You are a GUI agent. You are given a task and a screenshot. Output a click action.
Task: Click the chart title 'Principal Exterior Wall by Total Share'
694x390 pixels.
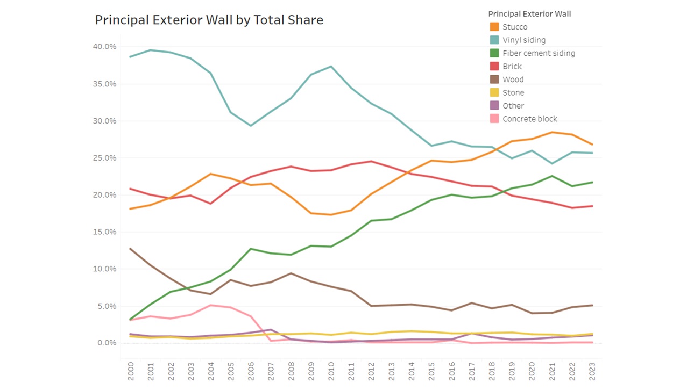tap(209, 20)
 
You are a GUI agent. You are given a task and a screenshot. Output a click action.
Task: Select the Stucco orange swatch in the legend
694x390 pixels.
tap(494, 27)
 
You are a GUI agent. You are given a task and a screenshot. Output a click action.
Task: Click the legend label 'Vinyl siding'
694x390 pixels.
tap(523, 40)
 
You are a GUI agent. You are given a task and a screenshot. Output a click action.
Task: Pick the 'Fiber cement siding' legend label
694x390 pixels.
tap(539, 53)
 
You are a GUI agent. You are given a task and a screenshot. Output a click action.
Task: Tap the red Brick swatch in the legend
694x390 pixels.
tap(494, 67)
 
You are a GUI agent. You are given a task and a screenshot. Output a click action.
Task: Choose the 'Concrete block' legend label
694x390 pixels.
tap(529, 119)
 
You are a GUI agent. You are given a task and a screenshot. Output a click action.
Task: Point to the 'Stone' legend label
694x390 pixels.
tap(513, 93)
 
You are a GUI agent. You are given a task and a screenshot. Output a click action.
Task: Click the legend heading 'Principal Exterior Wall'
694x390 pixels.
tap(529, 14)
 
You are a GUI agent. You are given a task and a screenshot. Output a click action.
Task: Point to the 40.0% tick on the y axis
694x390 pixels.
tap(104, 47)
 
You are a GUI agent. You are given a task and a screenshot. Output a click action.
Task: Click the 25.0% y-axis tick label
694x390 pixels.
tap(104, 158)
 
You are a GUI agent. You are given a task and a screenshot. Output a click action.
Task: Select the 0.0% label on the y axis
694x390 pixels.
tap(106, 343)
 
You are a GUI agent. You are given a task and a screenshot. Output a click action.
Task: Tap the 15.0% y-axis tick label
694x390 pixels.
tap(104, 232)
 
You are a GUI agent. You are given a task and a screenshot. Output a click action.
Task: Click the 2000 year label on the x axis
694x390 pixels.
tap(131, 371)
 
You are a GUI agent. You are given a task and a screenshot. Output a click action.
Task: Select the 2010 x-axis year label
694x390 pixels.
tap(331, 371)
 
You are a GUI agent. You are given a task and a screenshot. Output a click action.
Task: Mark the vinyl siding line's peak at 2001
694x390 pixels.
tap(151, 50)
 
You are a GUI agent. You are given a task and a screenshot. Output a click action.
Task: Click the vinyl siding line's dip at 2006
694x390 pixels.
tap(251, 126)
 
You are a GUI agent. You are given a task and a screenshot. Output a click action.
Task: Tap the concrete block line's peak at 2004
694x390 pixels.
tap(211, 305)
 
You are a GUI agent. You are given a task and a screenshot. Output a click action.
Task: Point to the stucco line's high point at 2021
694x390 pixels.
tap(552, 132)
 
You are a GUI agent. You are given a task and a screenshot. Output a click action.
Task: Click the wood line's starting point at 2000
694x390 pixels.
tap(131, 249)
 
